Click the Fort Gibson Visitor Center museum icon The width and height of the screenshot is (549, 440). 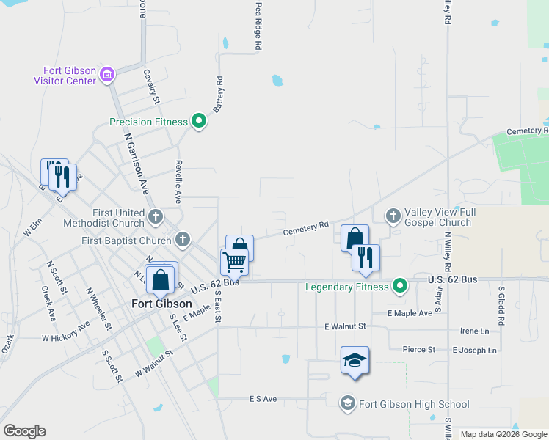click(107, 74)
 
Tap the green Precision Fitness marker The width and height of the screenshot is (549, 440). click(198, 122)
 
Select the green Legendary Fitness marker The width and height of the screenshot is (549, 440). click(399, 286)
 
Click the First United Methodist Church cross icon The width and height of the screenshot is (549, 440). click(155, 216)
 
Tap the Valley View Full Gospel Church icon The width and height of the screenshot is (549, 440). click(393, 216)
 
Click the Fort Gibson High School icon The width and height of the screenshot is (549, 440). click(348, 403)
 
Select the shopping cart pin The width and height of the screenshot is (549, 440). click(235, 260)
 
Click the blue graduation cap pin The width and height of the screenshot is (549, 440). click(355, 360)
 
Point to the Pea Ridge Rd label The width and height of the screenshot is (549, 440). click(258, 25)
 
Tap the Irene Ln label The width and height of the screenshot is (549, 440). click(474, 331)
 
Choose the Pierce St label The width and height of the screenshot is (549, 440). click(419, 350)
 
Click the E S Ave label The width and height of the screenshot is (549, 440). click(263, 399)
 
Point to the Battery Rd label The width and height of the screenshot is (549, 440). click(218, 93)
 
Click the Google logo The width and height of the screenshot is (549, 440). click(24, 431)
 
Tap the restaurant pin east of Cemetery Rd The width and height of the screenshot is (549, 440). click(366, 257)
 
